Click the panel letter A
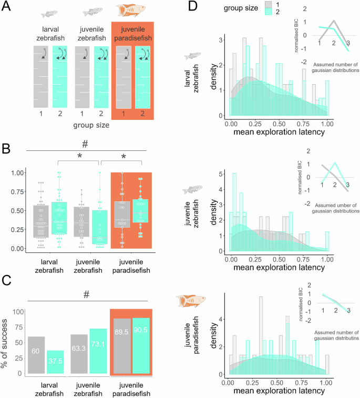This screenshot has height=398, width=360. coord(9,7)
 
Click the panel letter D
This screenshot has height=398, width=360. coord(192,7)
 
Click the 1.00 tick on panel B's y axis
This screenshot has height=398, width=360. coord(18,172)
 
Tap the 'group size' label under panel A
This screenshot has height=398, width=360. coord(91,126)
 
